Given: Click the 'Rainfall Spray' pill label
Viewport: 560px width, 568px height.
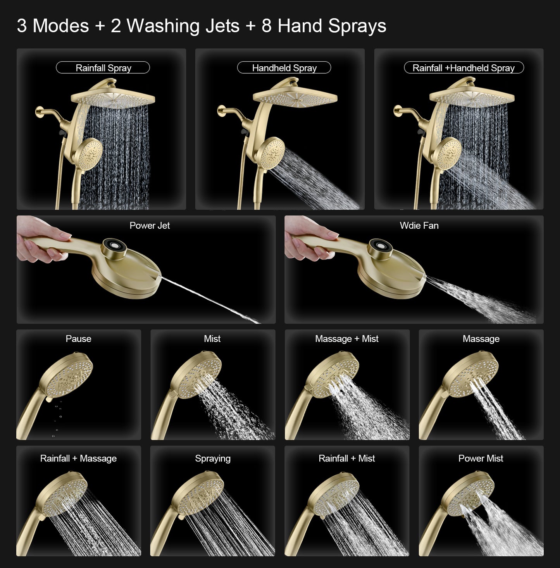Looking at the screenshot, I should pos(103,68).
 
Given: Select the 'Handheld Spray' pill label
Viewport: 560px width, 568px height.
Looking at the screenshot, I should pos(284,68).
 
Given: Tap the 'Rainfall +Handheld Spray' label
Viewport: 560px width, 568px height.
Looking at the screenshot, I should pos(464,68).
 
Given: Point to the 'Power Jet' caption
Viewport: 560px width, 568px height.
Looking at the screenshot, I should pos(150,226).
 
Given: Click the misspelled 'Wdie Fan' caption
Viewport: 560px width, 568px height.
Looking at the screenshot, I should pos(419,226).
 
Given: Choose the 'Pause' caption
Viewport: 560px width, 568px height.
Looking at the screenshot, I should pos(78,339).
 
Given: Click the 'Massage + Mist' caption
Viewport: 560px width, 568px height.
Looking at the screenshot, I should pos(346,339).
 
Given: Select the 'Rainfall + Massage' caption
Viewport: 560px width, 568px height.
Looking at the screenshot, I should pos(78,459).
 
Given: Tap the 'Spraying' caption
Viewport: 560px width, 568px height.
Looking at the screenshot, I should pos(212,459).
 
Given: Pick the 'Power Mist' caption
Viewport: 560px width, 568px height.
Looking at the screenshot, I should pos(481,459).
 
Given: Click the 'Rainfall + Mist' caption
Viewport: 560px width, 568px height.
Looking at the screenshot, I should pos(346,459).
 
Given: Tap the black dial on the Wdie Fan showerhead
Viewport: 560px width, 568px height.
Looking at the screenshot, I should pos(381,247).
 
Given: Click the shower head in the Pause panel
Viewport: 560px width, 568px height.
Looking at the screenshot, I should pos(70,374).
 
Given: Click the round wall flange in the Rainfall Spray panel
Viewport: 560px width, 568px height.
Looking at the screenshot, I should pos(39,113).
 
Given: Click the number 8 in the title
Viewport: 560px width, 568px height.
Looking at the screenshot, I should pos(267,26).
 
